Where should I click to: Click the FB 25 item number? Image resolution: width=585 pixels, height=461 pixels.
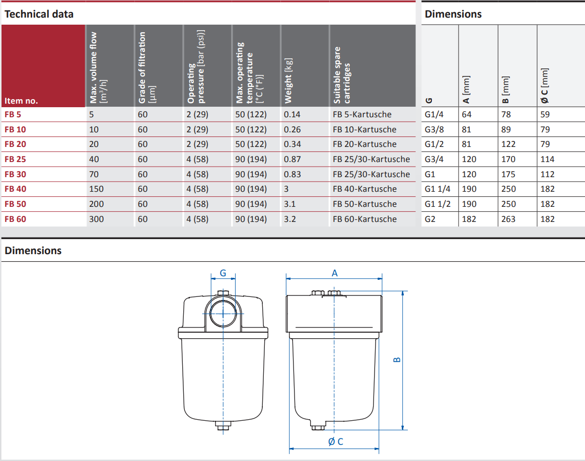tap(15, 159)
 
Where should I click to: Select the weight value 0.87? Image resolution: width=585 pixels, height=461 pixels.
tap(292, 159)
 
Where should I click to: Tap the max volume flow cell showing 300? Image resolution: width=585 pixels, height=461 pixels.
tap(96, 219)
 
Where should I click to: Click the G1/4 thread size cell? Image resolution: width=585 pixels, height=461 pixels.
tap(434, 114)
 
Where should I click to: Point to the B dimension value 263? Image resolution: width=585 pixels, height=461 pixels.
tap(508, 219)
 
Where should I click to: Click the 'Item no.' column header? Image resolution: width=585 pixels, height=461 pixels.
tap(21, 101)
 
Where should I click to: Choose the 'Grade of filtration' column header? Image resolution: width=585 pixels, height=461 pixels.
tap(142, 68)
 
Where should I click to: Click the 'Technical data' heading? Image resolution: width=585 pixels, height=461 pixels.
tap(39, 14)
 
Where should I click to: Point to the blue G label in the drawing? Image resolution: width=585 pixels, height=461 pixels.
tap(223, 273)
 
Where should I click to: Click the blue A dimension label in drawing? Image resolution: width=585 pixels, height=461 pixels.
tap(334, 273)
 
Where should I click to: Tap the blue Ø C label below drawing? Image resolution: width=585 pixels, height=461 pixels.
tap(335, 441)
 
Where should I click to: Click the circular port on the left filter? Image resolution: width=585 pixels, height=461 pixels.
tap(223, 313)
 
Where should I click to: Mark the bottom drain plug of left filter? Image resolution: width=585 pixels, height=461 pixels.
tap(223, 427)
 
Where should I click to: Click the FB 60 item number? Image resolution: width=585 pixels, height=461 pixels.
tap(15, 219)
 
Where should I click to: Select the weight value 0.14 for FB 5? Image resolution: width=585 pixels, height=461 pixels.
tap(292, 114)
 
